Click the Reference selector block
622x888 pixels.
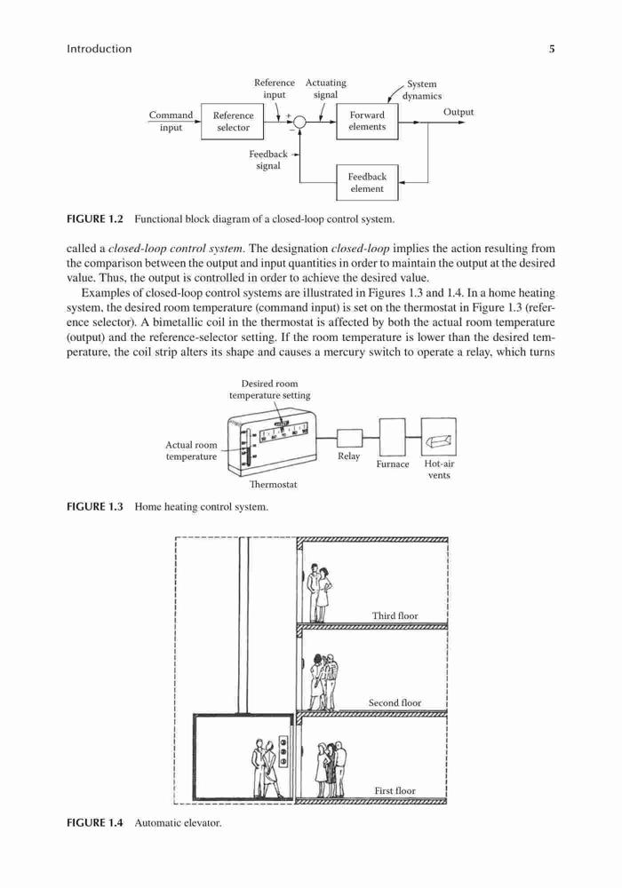point(233,121)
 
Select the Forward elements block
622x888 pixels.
point(367,121)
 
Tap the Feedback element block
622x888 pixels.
point(367,182)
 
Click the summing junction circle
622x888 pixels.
point(299,122)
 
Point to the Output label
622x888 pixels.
point(459,112)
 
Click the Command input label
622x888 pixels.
point(171,121)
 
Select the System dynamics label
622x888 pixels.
point(421,90)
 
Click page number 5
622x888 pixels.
point(551,49)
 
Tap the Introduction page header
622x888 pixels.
point(100,49)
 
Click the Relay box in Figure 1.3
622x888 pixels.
point(349,439)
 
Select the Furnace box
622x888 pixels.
point(392,437)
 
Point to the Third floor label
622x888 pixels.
point(395,615)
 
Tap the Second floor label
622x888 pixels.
point(395,702)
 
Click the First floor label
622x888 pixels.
point(395,790)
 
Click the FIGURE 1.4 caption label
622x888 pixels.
point(94,823)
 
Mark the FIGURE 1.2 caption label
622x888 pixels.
point(94,218)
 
